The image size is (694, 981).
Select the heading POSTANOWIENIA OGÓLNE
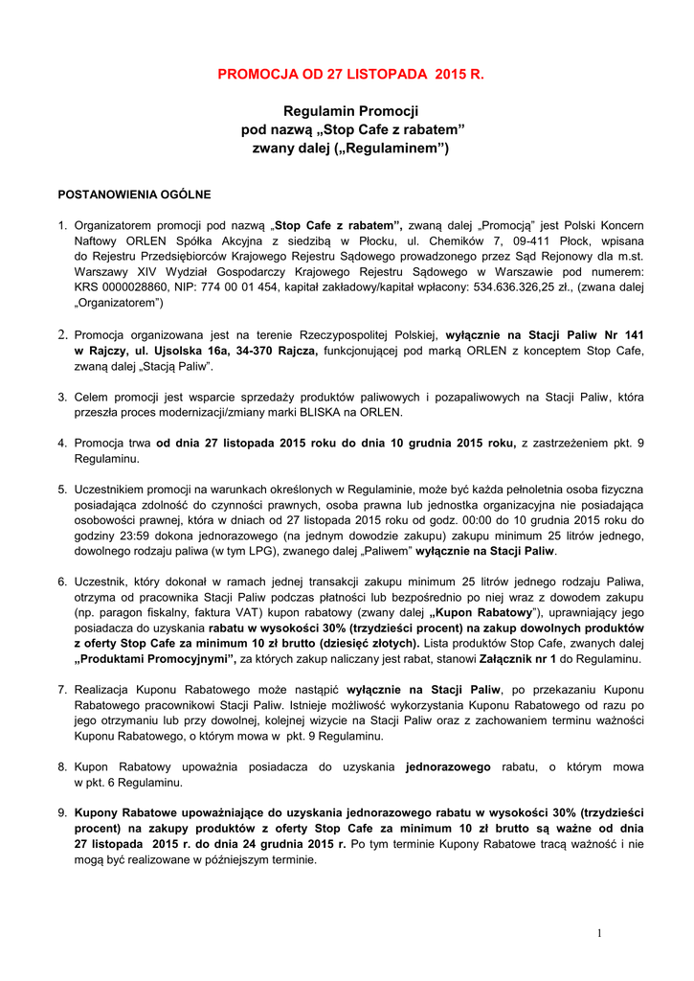click(134, 194)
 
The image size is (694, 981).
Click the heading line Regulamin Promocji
click(351, 111)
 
